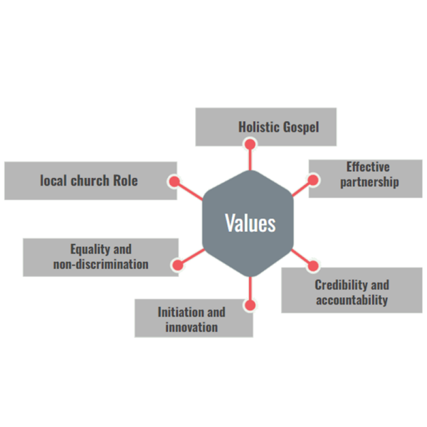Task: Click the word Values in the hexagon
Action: pyautogui.click(x=250, y=223)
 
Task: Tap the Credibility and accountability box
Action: pyautogui.click(x=352, y=290)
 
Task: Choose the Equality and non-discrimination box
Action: pyautogui.click(x=100, y=257)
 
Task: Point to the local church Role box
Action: pyautogui.click(x=90, y=180)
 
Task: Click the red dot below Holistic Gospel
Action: pyautogui.click(x=250, y=144)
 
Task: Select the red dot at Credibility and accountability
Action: pyautogui.click(x=313, y=266)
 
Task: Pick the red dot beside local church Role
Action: pyautogui.click(x=174, y=181)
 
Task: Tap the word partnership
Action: pyautogui.click(x=369, y=182)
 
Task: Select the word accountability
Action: pyautogui.click(x=352, y=300)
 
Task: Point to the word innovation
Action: pyautogui.click(x=191, y=327)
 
